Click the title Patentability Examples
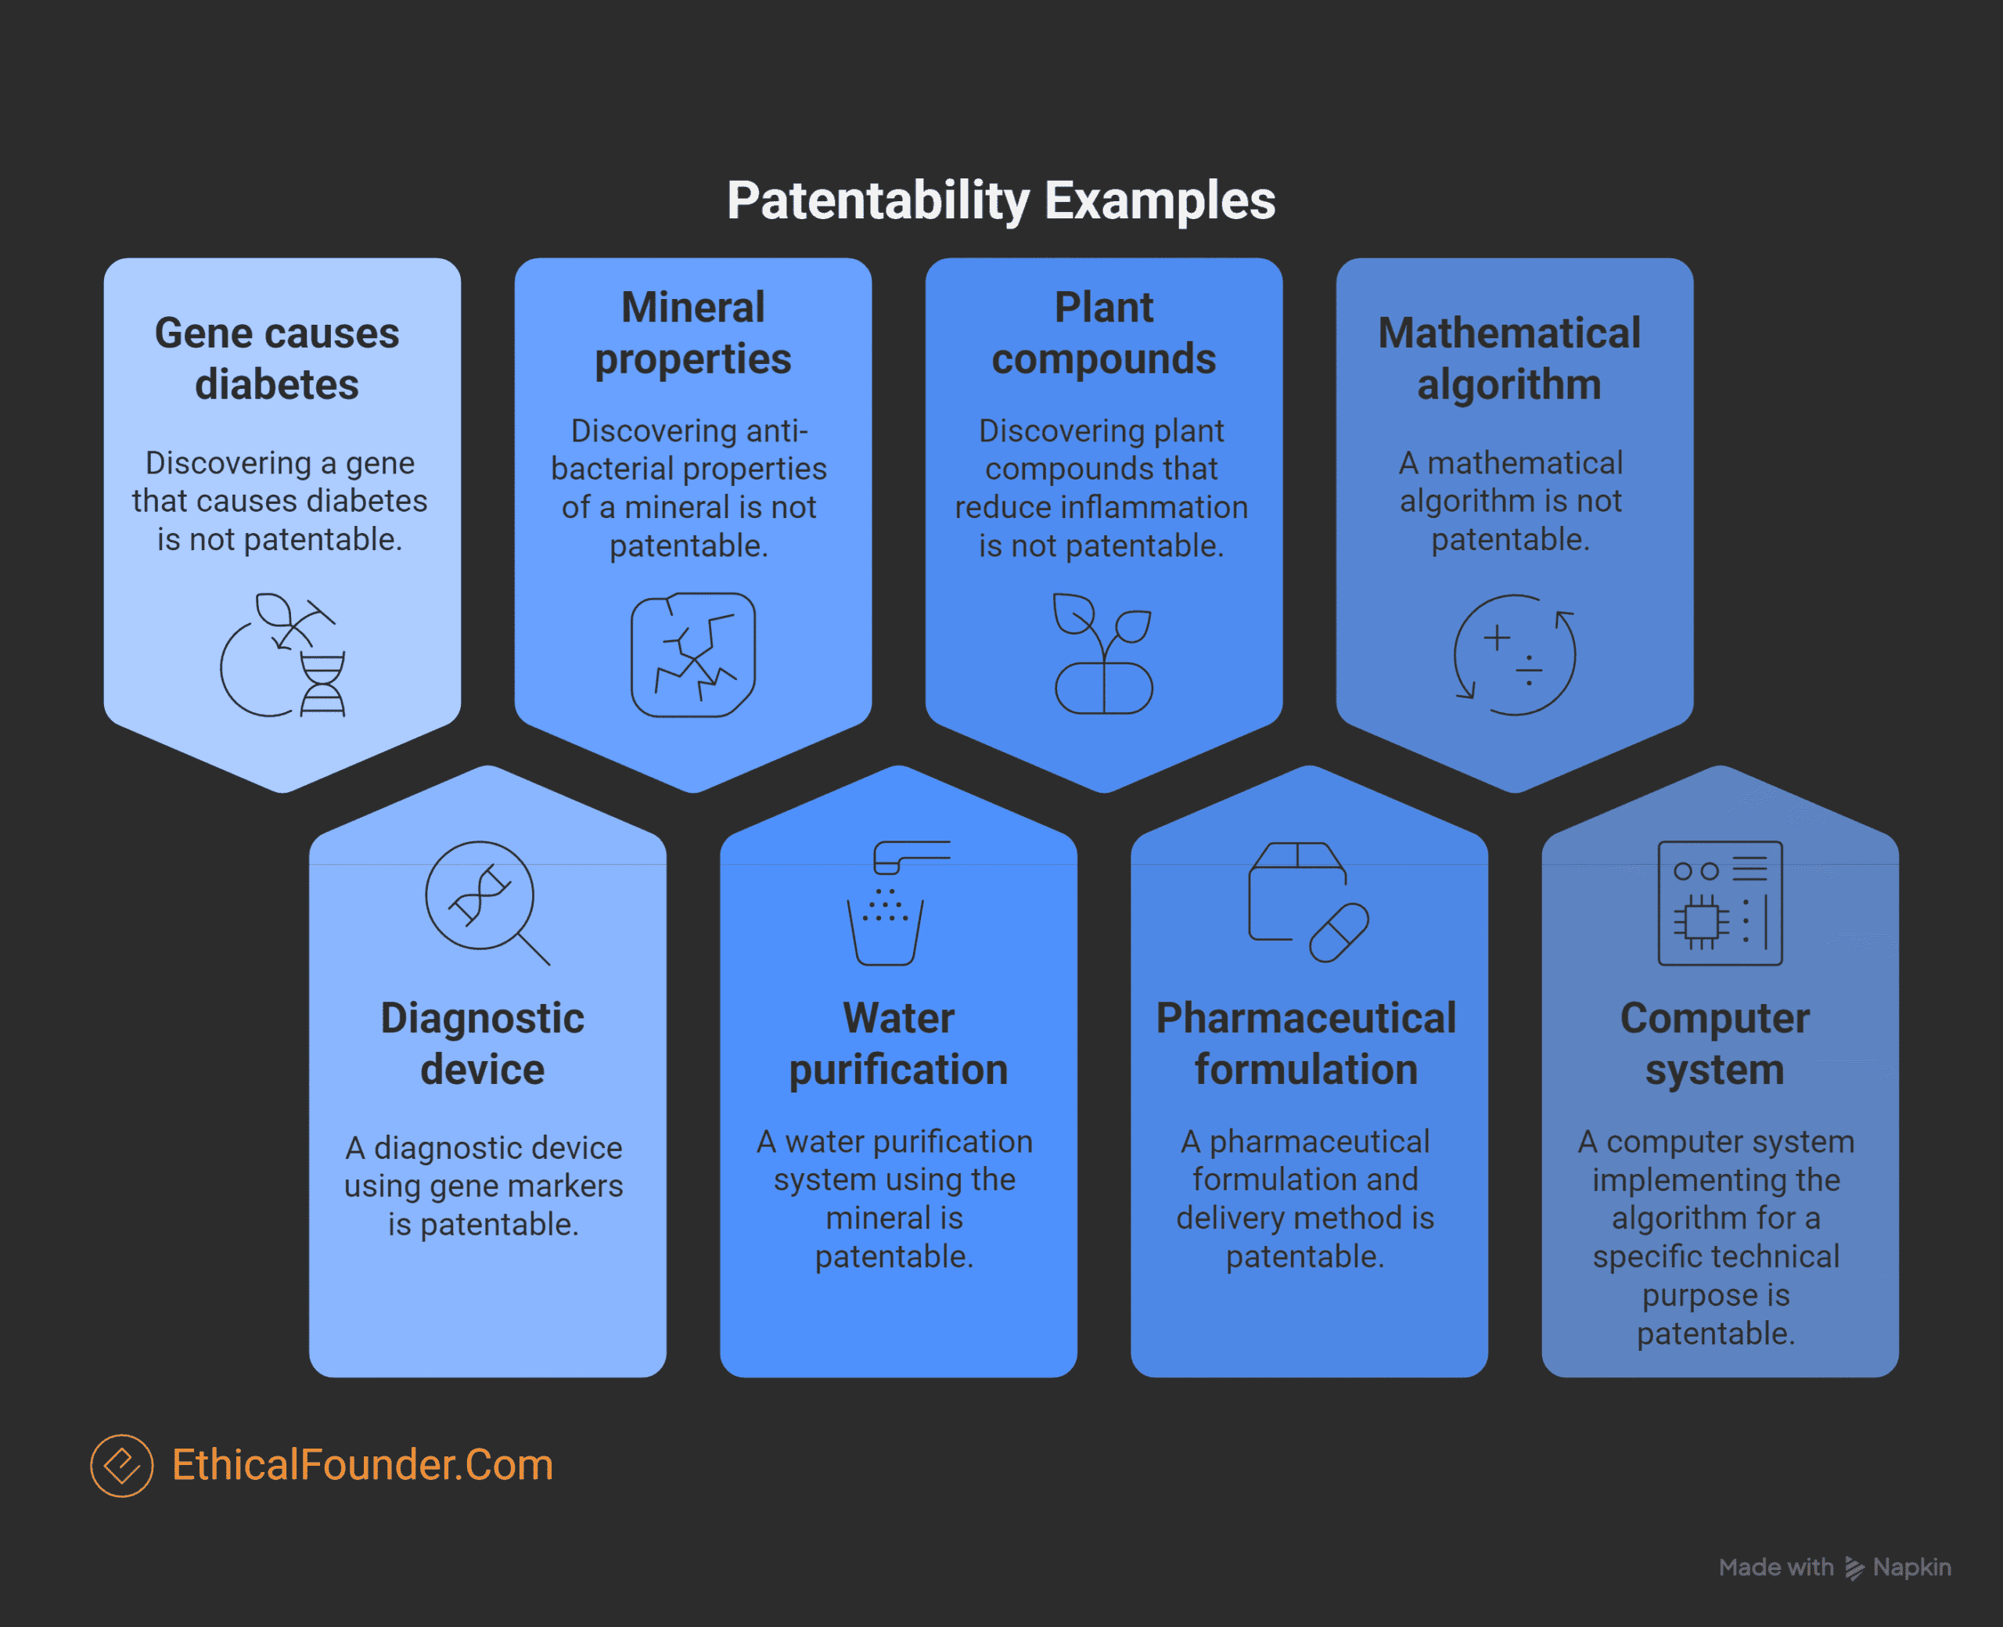1001,200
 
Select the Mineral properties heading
693,333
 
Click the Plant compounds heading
1104,333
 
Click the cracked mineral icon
693,655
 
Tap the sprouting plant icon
1104,653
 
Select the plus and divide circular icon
1515,655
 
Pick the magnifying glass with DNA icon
487,902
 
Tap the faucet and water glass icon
898,902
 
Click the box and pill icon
1309,902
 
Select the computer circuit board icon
1720,902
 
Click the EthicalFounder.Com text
362,1465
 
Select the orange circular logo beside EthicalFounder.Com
122,1466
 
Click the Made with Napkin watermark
1834,1567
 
